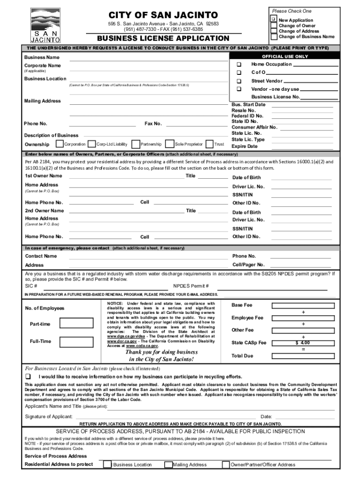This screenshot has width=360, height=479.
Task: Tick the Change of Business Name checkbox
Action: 274,36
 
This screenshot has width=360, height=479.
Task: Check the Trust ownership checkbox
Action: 210,144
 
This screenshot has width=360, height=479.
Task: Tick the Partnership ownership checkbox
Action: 136,144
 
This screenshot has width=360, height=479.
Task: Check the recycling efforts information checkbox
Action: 28,377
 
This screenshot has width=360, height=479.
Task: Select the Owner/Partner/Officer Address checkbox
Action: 226,464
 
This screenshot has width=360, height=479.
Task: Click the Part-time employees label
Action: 40,324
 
